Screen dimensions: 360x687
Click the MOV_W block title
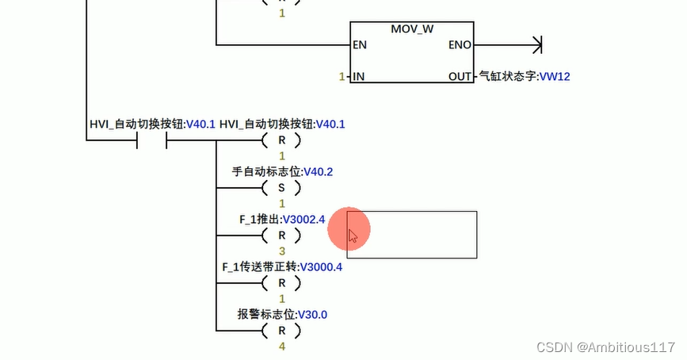412,29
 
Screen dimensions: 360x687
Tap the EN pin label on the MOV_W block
360,45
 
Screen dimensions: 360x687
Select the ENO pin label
460,45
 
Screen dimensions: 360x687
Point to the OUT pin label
460,77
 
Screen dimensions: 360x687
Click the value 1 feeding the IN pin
342,77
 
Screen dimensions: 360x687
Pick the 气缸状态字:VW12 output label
525,77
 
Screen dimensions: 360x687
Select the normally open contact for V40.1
151,140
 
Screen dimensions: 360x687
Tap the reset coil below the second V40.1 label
281,140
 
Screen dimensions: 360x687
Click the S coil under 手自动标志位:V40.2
281,188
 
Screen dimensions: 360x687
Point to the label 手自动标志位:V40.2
282,171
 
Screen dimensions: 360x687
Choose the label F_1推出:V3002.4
282,219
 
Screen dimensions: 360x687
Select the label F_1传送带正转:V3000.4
282,266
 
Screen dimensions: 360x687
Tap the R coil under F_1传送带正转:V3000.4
281,283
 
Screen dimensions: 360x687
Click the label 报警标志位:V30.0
282,314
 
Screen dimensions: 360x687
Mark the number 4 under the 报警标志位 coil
281,346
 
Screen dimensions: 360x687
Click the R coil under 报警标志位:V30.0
281,331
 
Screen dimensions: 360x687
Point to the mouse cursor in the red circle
353,236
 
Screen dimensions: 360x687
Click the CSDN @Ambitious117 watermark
605,347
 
